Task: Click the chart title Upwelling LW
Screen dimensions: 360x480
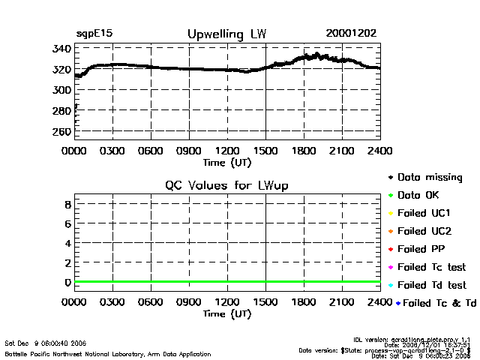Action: (x=226, y=34)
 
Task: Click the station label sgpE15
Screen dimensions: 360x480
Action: (x=94, y=34)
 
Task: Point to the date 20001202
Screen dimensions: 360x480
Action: (x=351, y=34)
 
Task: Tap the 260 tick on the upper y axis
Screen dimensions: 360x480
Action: (x=62, y=132)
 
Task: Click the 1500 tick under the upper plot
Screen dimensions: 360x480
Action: (x=266, y=150)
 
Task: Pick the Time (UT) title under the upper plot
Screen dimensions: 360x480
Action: (x=227, y=161)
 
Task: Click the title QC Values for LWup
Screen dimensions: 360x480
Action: (x=226, y=185)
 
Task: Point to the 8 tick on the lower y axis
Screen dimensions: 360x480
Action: (x=67, y=204)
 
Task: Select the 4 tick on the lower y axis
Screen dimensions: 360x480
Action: (x=67, y=244)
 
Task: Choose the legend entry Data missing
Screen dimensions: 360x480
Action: (x=429, y=178)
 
